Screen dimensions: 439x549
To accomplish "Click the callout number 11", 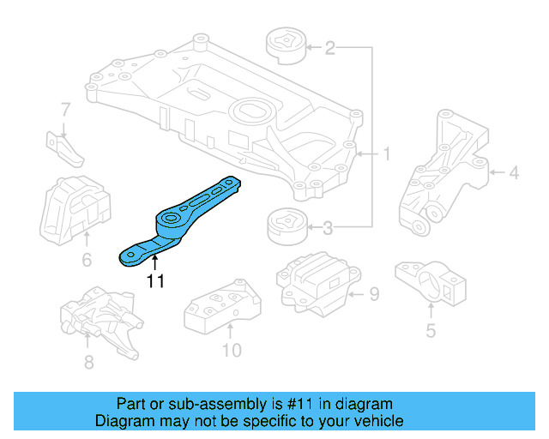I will [154, 280].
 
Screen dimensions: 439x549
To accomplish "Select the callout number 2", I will [329, 49].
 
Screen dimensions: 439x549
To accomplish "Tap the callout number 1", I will [386, 154].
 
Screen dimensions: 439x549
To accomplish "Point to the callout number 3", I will [329, 228].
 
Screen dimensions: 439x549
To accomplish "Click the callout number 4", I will [513, 174].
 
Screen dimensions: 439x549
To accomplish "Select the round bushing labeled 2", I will [283, 45].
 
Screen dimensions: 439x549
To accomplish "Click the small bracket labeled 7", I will [64, 147].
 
